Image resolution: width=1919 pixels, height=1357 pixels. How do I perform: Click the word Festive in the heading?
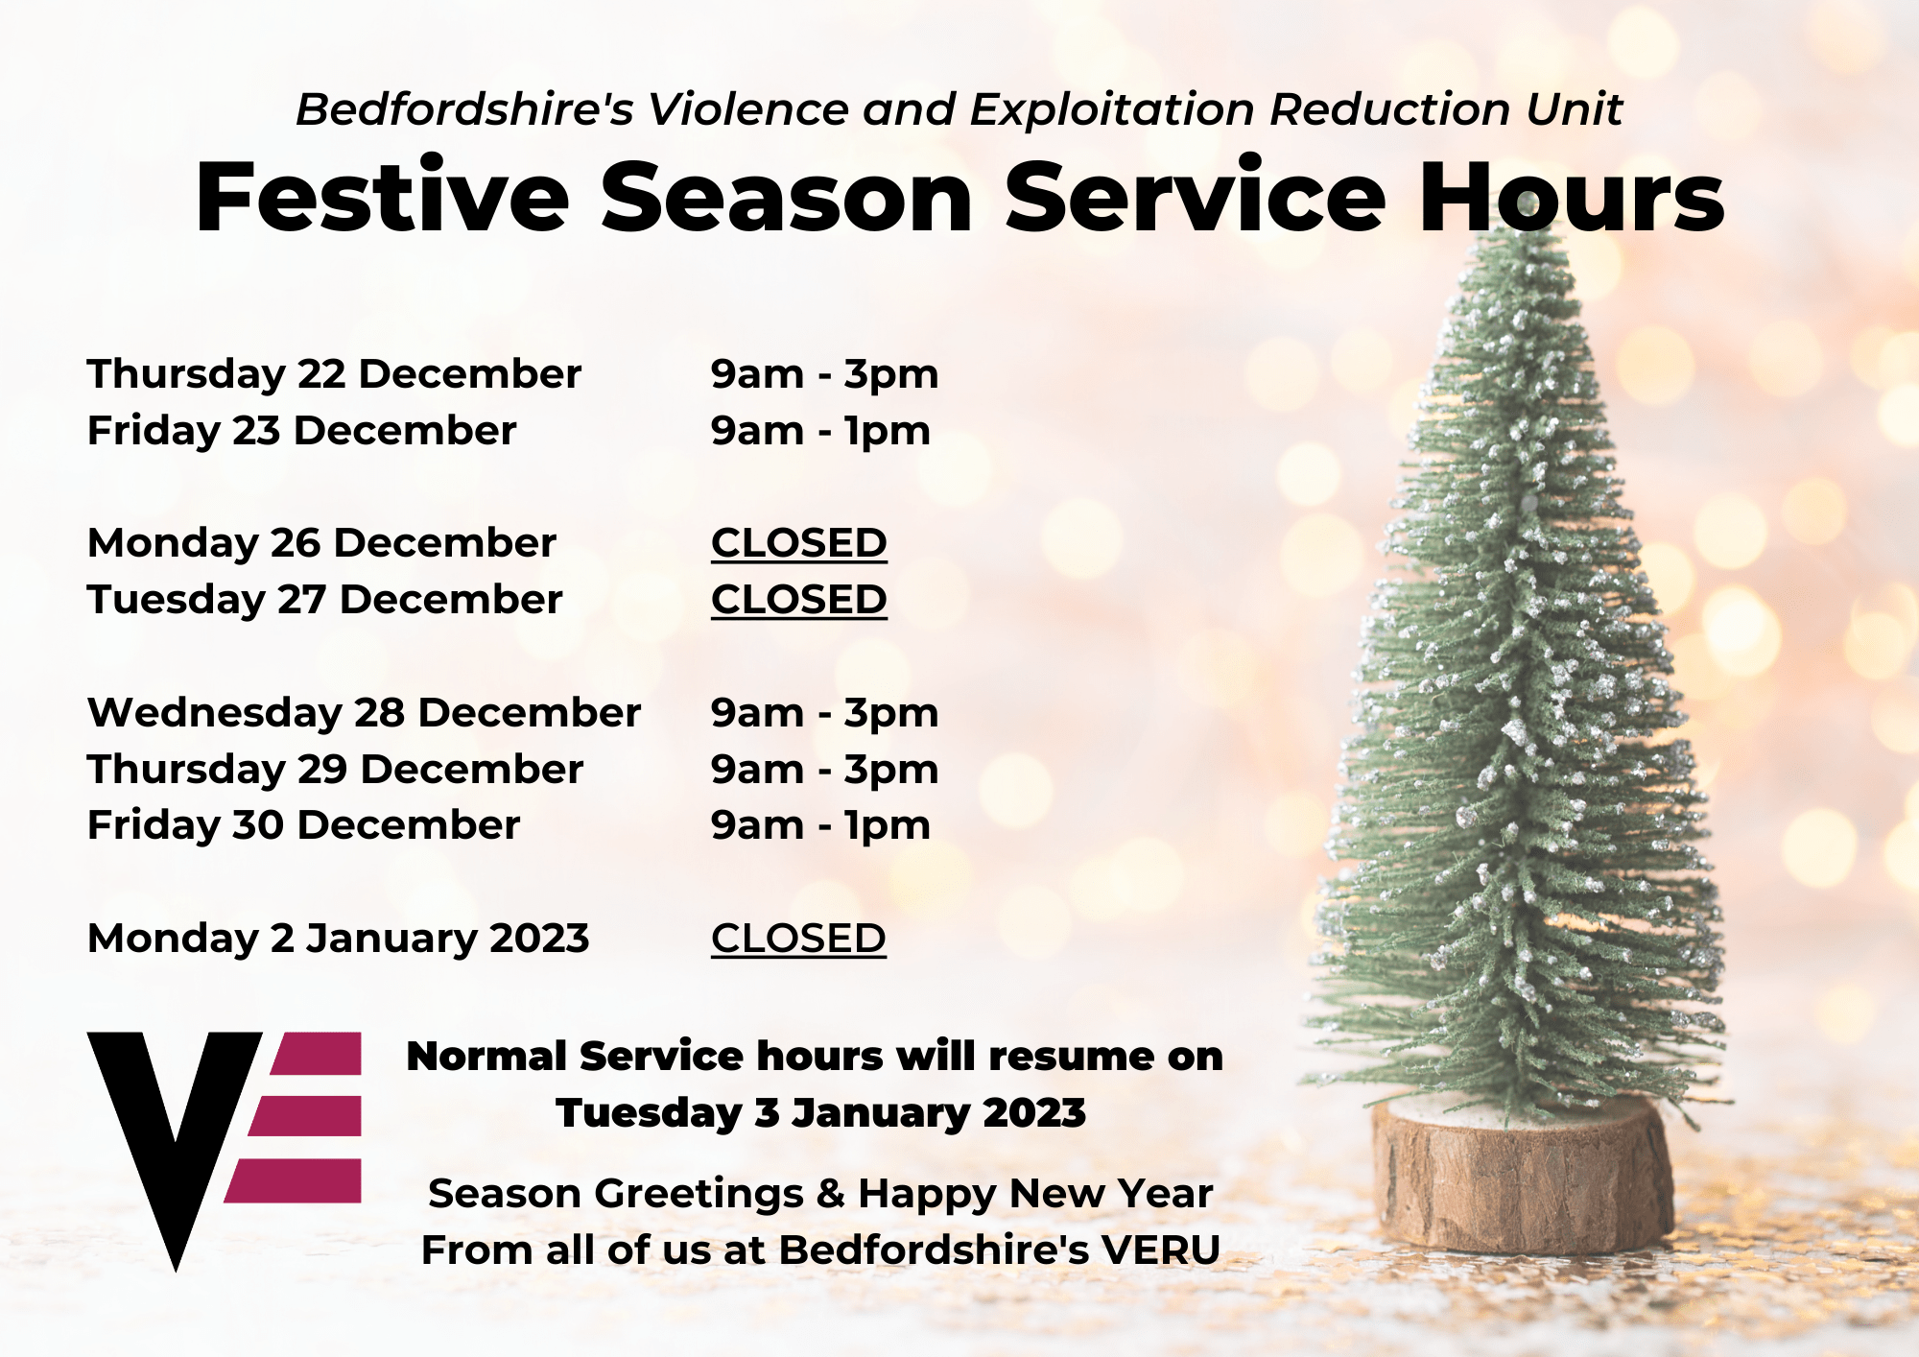(x=382, y=197)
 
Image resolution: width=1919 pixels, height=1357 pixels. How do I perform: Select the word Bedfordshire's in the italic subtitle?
(x=465, y=109)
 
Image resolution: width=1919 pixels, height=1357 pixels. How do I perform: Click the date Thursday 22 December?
(x=334, y=374)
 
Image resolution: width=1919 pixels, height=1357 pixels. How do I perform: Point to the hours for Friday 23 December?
(x=820, y=432)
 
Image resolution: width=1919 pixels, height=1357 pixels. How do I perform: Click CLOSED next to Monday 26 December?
(x=799, y=543)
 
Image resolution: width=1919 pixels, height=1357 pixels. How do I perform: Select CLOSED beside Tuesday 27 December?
(x=799, y=600)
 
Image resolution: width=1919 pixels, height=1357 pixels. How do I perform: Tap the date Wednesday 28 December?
(x=364, y=713)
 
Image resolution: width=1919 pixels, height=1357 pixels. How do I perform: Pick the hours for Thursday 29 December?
(x=824, y=770)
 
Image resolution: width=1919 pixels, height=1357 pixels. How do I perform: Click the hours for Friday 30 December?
(x=820, y=826)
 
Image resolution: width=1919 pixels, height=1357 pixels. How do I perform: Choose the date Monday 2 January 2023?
(x=338, y=939)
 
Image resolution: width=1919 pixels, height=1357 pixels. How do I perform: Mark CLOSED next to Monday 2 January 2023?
(x=798, y=939)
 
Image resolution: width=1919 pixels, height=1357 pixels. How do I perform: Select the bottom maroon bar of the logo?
(x=294, y=1180)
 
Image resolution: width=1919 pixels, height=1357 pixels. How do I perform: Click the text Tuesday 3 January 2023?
(x=820, y=1113)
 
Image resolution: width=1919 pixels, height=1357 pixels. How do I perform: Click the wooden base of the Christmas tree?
(x=1523, y=1176)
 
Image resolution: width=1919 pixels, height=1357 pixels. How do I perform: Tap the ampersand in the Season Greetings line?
(x=830, y=1195)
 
